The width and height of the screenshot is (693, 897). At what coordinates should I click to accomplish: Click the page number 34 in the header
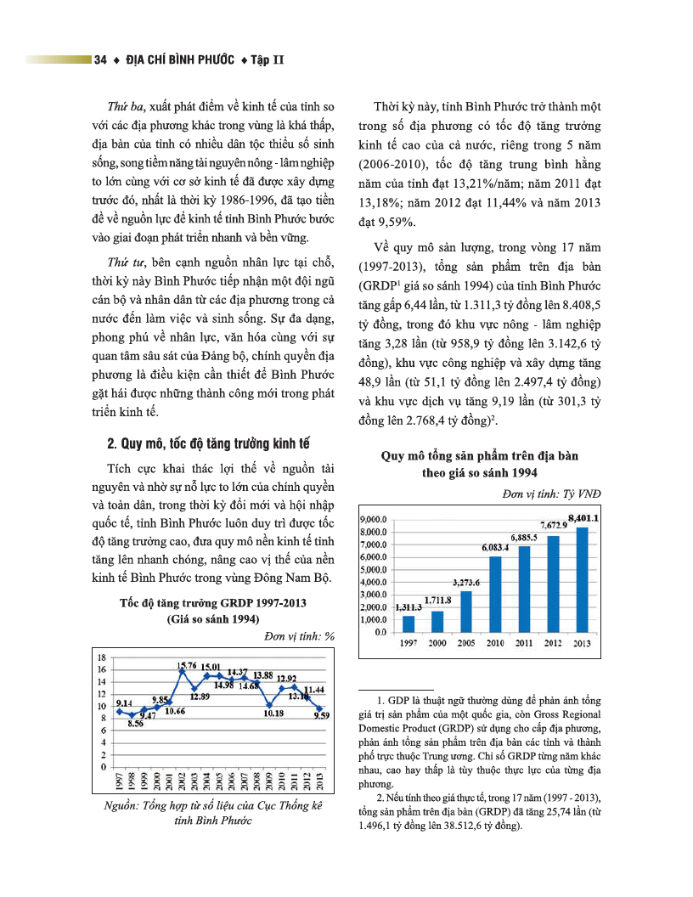[100, 60]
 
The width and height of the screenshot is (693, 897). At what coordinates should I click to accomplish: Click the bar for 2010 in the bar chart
[495, 595]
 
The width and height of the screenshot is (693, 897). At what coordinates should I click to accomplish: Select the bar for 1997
[408, 623]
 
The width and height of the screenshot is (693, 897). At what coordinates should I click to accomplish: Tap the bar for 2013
[582, 580]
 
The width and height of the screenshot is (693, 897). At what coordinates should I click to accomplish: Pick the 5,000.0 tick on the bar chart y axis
[374, 569]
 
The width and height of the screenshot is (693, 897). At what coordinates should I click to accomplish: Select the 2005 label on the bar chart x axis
[466, 643]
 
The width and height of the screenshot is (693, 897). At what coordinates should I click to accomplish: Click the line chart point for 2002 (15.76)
[181, 671]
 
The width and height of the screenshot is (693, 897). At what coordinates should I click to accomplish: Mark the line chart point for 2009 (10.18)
[269, 704]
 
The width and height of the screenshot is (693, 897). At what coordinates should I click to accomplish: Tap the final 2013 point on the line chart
[318, 708]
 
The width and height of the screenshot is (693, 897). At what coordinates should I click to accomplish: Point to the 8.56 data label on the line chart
[135, 724]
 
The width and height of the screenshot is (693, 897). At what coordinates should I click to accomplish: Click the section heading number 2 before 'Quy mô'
[111, 443]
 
